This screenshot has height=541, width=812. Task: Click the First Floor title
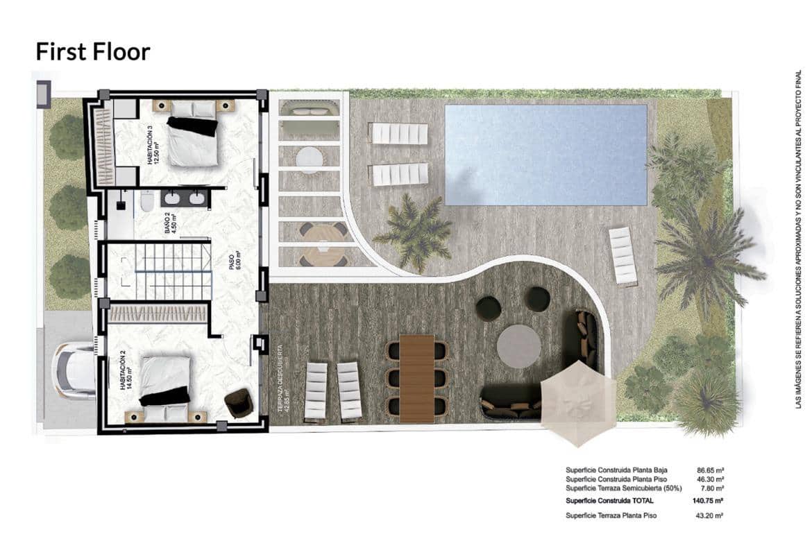[92, 52]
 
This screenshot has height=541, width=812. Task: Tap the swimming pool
[545, 154]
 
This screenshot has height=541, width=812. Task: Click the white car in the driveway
[74, 370]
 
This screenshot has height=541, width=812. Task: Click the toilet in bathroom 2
[146, 201]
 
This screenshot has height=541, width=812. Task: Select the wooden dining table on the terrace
[416, 377]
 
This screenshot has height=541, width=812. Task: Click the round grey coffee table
[518, 347]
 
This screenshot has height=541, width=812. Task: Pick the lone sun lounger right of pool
[623, 255]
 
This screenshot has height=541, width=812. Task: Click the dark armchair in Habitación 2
[239, 403]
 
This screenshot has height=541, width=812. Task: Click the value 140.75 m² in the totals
[709, 500]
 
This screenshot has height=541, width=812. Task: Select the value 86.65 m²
[711, 470]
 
